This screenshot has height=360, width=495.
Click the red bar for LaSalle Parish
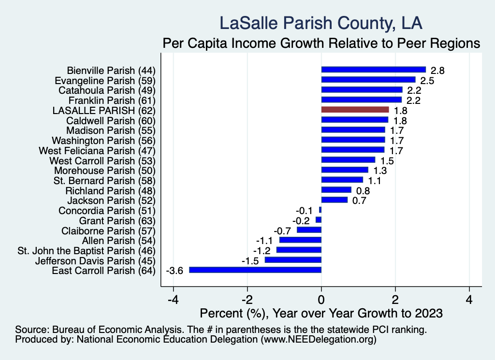355,110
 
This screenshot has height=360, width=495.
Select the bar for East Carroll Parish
255,270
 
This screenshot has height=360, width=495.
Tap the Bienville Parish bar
373,70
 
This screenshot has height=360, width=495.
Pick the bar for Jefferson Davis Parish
293,260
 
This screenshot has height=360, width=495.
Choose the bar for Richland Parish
336,190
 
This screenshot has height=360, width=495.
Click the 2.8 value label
437,70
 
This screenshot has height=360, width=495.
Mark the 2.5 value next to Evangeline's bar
427,80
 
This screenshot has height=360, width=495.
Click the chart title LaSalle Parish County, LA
321,23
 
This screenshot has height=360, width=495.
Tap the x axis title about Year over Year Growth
321,313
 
